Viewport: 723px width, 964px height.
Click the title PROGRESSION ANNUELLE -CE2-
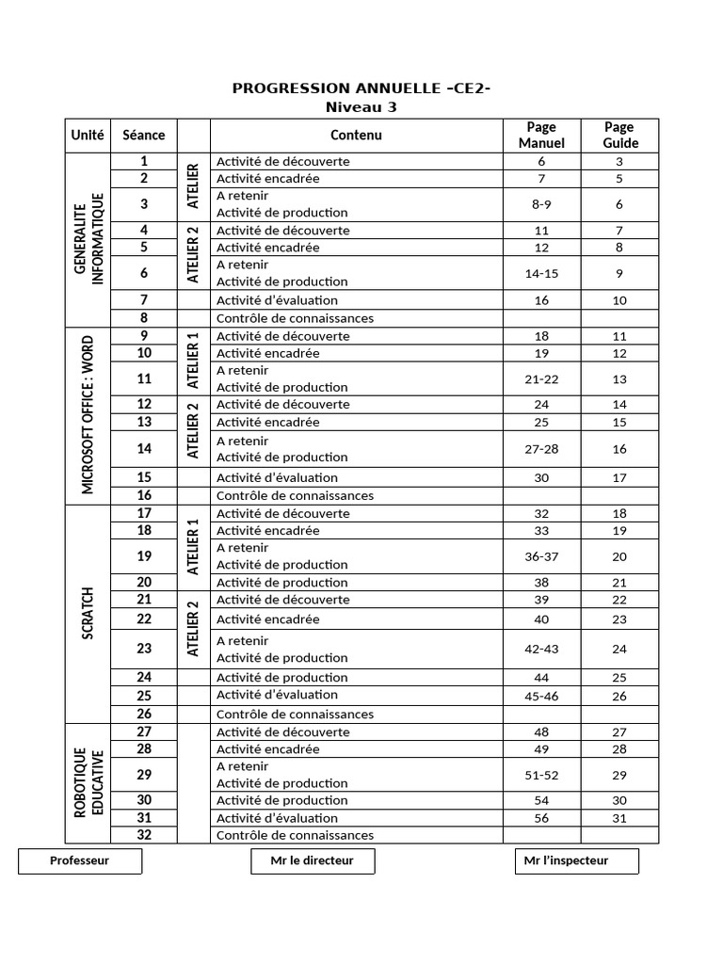tap(361, 88)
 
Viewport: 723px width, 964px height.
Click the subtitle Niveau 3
tap(361, 107)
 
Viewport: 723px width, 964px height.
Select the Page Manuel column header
tap(541, 135)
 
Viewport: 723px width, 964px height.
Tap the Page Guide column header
tap(619, 135)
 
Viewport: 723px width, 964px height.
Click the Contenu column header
tap(356, 135)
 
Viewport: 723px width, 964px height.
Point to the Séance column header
tap(144, 135)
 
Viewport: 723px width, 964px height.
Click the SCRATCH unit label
tap(88, 613)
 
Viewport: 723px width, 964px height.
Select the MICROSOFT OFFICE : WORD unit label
tap(88, 415)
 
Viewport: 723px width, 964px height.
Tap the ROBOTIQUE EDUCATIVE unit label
tap(88, 781)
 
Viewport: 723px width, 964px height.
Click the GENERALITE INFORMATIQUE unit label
tap(88, 238)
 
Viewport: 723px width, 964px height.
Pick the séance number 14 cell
tap(144, 449)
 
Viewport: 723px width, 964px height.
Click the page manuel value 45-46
tap(541, 696)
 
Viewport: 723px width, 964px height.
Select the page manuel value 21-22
tap(541, 378)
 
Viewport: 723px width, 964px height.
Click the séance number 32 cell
tap(144, 835)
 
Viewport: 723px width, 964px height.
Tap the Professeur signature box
tap(80, 860)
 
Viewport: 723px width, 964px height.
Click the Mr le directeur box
tap(313, 860)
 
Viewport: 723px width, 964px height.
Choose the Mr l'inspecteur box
tap(576, 860)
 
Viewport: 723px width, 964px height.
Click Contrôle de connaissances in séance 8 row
tap(295, 318)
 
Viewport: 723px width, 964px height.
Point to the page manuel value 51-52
tap(541, 775)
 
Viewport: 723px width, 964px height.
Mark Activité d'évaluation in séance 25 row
tap(277, 695)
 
